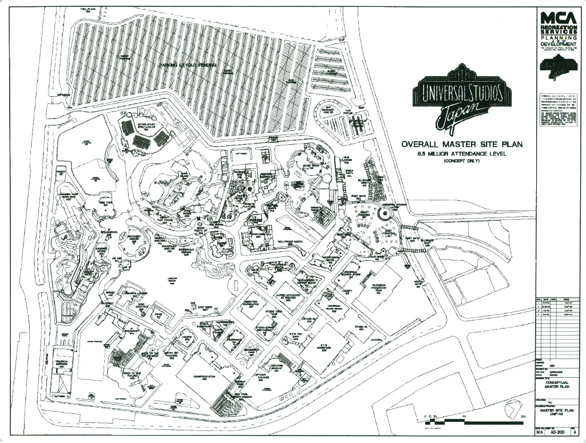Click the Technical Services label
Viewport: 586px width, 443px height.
(62, 363)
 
